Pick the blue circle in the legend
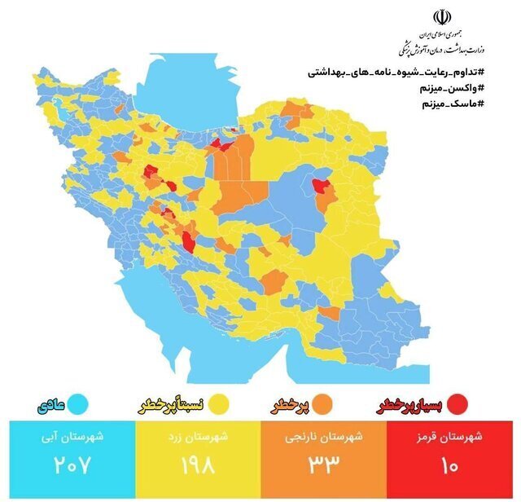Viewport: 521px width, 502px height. tap(78, 403)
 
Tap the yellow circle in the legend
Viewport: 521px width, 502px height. tap(217, 403)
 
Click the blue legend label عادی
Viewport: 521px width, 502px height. tap(51, 403)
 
